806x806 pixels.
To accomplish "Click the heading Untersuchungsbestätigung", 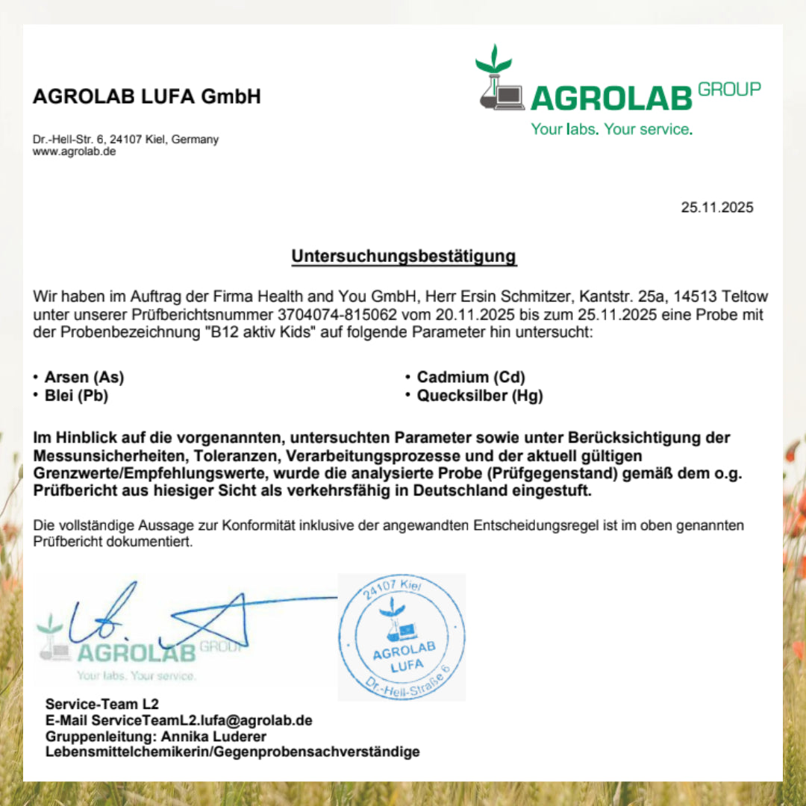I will click(x=404, y=256).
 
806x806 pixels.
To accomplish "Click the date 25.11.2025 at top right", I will click(x=716, y=207).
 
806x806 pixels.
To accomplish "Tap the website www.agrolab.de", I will click(x=74, y=151).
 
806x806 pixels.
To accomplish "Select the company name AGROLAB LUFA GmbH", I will click(x=147, y=96).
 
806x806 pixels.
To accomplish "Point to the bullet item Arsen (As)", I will click(x=84, y=378).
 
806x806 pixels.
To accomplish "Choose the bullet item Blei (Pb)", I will click(x=76, y=396).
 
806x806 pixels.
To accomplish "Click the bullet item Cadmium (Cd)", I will click(x=471, y=378).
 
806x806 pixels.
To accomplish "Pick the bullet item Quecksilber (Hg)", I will click(x=480, y=396).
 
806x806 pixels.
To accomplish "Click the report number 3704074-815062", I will click(x=347, y=315).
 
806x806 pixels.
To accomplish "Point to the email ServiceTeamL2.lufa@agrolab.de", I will click(x=201, y=720).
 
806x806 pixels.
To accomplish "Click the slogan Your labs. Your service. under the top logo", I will click(x=611, y=129).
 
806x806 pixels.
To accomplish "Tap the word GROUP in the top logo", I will click(x=729, y=90).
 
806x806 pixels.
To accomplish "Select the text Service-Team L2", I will click(x=102, y=704).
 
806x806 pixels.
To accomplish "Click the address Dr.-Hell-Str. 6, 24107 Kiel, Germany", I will click(x=125, y=140).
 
